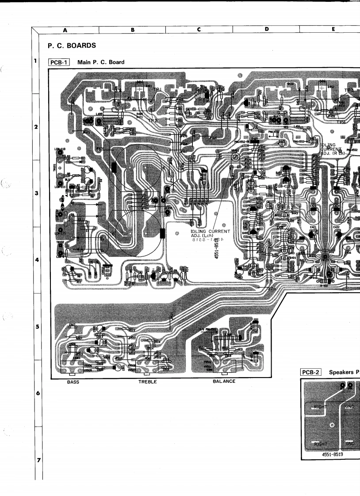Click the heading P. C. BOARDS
[x=72, y=46]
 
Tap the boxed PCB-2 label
[x=311, y=372]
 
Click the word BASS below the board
[x=73, y=382]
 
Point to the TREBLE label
[x=147, y=382]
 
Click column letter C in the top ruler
[x=199, y=30]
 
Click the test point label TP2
[x=153, y=120]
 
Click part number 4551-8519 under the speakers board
[x=333, y=454]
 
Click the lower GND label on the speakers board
[x=350, y=443]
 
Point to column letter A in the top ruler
[x=65, y=30]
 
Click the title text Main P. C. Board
[x=101, y=62]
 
